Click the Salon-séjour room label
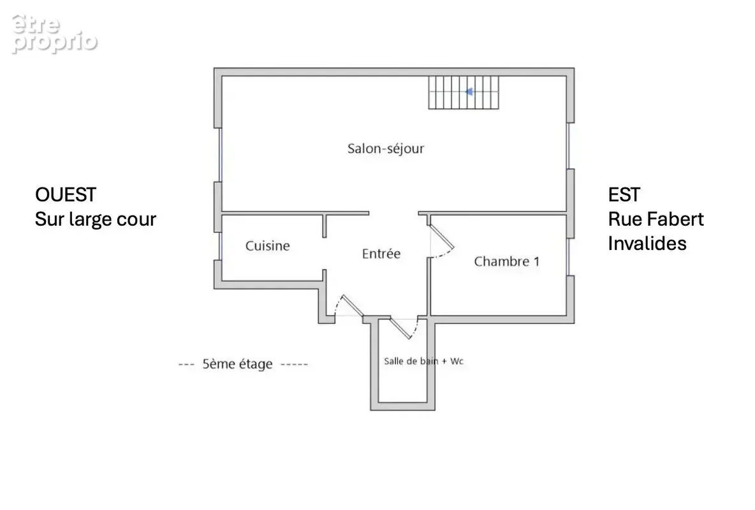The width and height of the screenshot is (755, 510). click(386, 149)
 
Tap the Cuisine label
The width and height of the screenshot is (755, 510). click(268, 245)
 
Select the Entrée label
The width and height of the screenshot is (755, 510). click(381, 254)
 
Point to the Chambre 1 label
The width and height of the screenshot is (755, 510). click(506, 261)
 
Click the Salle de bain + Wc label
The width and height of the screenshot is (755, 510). click(423, 361)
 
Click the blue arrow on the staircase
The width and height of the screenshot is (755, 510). click(469, 92)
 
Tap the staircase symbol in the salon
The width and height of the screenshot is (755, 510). click(464, 92)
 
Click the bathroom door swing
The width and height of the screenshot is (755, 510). click(406, 328)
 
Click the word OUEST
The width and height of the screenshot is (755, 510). click(66, 195)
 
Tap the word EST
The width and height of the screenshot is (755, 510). click(624, 195)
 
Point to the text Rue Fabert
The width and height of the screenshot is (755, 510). click(656, 219)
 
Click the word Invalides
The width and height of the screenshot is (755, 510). click(647, 244)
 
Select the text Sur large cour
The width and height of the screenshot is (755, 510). click(96, 219)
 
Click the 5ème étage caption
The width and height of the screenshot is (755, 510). click(237, 364)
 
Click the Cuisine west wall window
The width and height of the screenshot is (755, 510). click(220, 246)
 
